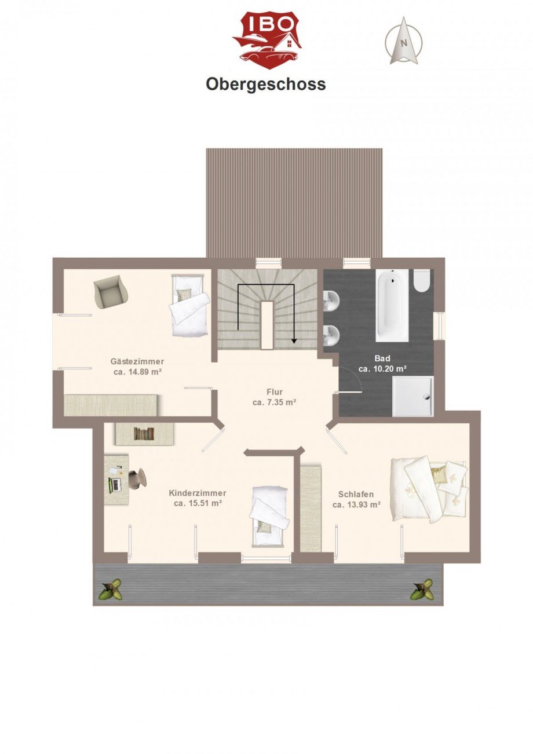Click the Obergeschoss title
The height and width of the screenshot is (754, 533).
pos(266,85)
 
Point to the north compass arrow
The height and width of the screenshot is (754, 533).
pos(404,41)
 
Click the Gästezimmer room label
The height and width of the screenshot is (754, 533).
pos(137,361)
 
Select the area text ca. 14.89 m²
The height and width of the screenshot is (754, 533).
pos(137,372)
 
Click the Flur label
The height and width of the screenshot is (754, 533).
pos(275,391)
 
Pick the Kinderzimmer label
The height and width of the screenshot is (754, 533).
pos(198,493)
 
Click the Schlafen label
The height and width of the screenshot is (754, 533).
pos(356,494)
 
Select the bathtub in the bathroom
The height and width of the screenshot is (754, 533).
pos(393,305)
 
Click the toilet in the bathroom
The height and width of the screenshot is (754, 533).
pos(422,280)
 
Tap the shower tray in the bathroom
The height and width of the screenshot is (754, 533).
pos(412,396)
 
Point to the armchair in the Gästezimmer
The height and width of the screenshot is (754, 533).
pos(110,291)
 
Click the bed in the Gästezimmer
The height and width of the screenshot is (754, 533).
pos(188,305)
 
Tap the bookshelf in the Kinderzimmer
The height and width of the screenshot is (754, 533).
pos(144,434)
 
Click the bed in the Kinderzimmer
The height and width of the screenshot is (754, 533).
pos(269,515)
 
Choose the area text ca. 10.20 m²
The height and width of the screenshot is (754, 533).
pos(382,368)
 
